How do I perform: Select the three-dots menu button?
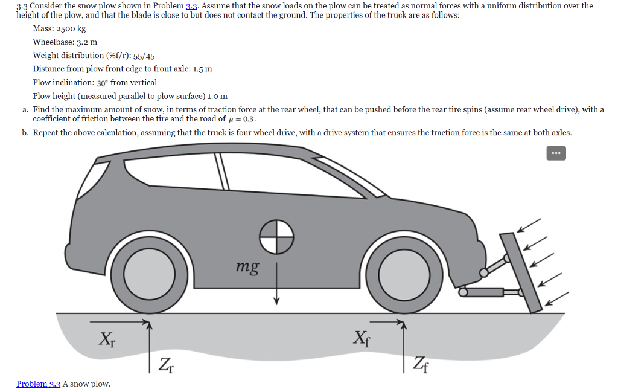556,154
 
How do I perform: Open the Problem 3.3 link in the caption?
38,384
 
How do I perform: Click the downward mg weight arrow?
276,284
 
